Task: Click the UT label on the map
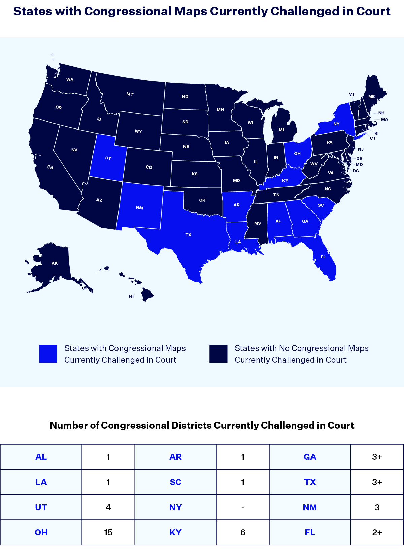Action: (108, 158)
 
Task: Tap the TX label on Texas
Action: (188, 235)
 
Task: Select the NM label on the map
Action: (139, 208)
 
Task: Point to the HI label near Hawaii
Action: (131, 296)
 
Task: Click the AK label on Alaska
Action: (55, 263)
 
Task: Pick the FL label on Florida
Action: (323, 257)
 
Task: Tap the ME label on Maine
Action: (371, 96)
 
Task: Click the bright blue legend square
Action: (48, 354)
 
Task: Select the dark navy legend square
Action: (218, 354)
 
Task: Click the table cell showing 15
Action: (108, 532)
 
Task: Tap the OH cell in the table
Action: (41, 532)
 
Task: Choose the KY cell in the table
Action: (175, 532)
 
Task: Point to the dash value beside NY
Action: (243, 507)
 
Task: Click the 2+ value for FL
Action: (377, 532)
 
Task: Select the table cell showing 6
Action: (243, 532)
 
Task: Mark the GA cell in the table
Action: (310, 457)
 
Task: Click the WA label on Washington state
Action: (70, 80)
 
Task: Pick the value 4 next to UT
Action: (108, 507)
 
